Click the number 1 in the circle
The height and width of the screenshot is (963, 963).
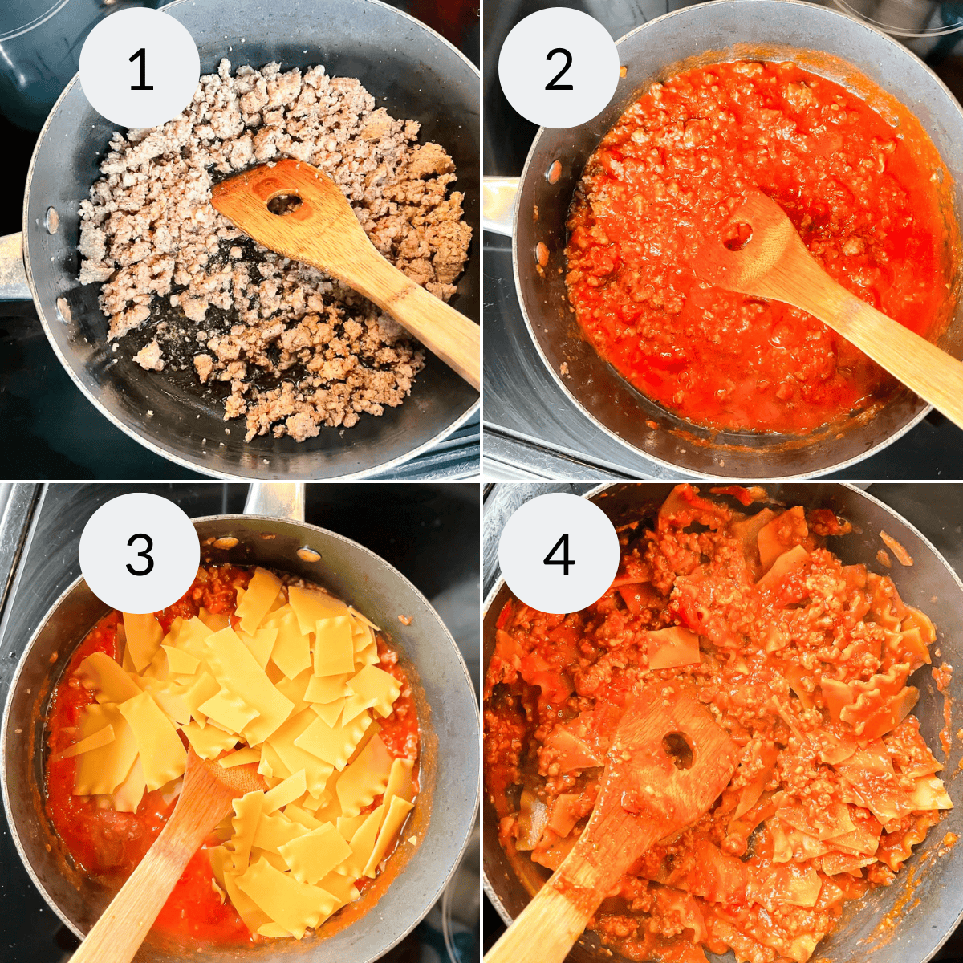point(140,69)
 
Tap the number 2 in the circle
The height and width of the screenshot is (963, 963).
point(559,69)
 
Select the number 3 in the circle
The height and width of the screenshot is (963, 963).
point(140,553)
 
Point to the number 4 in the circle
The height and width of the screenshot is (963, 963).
point(559,553)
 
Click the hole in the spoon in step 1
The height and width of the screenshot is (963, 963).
point(284,204)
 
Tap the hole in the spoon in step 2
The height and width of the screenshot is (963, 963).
point(737,235)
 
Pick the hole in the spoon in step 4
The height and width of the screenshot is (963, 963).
point(679,750)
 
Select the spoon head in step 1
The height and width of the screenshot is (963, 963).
point(281,205)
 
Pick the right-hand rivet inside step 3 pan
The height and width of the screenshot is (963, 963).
point(308,554)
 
